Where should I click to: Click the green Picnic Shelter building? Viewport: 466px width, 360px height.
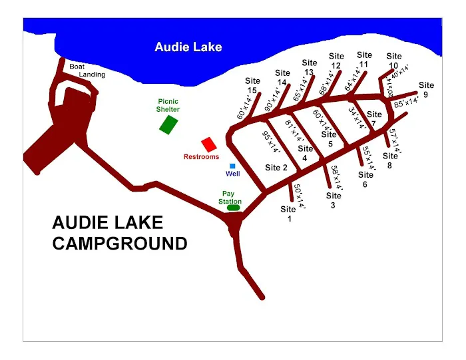click(169, 124)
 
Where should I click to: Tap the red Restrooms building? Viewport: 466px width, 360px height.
click(209, 144)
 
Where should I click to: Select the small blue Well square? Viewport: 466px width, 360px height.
click(232, 166)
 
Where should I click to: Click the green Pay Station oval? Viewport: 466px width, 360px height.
click(233, 208)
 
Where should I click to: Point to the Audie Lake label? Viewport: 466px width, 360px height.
click(188, 47)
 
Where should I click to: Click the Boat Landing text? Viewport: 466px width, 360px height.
click(87, 71)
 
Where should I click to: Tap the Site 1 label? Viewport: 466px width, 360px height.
click(288, 214)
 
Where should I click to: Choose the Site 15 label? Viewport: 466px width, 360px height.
click(252, 86)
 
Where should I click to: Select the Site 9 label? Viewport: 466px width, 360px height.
click(426, 89)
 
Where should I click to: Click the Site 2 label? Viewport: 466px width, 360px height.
click(276, 168)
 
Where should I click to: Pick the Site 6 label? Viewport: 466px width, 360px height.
click(365, 180)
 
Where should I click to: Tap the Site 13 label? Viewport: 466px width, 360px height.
click(309, 68)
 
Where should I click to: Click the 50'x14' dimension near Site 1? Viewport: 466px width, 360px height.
click(299, 197)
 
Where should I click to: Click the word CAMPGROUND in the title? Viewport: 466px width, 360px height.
click(120, 244)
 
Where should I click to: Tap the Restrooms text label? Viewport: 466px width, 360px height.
click(201, 157)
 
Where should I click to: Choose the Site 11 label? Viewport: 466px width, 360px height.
click(364, 60)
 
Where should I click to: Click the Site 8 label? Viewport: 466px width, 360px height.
click(390, 161)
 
